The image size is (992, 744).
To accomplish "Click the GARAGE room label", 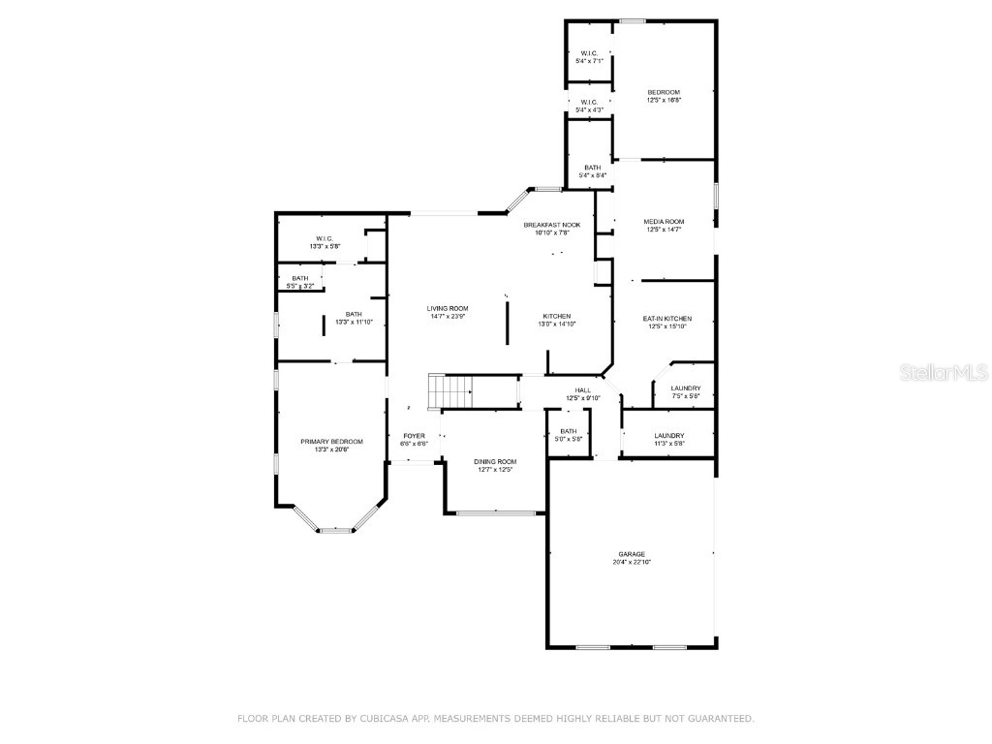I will tap(632, 554).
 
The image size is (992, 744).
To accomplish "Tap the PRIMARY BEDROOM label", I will tap(331, 441).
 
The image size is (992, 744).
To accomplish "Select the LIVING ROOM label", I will tap(448, 308).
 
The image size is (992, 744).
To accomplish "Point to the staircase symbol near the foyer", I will tap(450, 392).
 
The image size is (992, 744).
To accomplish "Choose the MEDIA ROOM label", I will tap(664, 221).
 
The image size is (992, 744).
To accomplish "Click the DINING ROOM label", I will tap(494, 461).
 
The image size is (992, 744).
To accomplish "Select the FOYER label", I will tap(415, 436).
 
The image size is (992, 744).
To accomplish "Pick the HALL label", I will tap(583, 389).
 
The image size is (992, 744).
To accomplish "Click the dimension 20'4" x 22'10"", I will tap(632, 562).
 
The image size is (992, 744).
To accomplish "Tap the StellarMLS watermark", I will tap(929, 372).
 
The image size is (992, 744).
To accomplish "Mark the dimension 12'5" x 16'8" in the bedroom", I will tap(664, 100).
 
